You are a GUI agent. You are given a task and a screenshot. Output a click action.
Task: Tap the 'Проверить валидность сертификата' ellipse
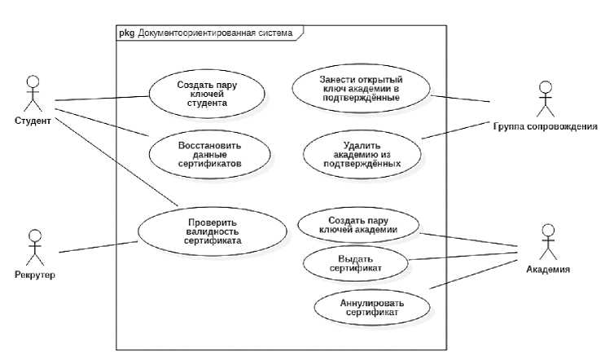(211, 230)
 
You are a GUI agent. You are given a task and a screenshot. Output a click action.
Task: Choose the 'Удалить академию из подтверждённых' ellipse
(362, 152)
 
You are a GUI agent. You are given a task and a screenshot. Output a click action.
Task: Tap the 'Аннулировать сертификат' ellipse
(370, 306)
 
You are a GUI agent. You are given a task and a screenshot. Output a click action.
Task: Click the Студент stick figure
(33, 94)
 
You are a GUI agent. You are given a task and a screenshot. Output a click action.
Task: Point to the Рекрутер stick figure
(33, 247)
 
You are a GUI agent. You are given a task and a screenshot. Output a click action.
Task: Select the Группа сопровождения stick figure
(545, 99)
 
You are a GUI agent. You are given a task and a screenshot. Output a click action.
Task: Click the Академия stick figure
(546, 242)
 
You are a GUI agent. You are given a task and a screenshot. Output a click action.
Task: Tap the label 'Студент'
(33, 121)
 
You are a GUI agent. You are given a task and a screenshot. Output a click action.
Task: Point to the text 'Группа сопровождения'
(545, 126)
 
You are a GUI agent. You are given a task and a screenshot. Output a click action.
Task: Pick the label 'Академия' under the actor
(547, 269)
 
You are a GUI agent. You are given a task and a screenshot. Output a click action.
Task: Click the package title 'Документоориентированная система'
(215, 33)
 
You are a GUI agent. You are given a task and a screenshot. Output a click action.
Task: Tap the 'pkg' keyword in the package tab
(126, 33)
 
